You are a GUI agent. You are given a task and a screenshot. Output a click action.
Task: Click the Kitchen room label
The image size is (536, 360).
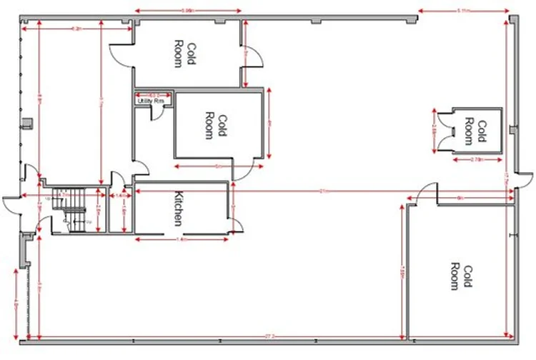(x=178, y=208)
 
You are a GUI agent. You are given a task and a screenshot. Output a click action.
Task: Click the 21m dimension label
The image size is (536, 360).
(x=322, y=191)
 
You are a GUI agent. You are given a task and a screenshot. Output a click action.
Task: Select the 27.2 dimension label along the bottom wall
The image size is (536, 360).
(x=269, y=336)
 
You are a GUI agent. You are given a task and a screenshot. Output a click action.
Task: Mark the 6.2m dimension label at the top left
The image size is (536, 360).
(x=76, y=29)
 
